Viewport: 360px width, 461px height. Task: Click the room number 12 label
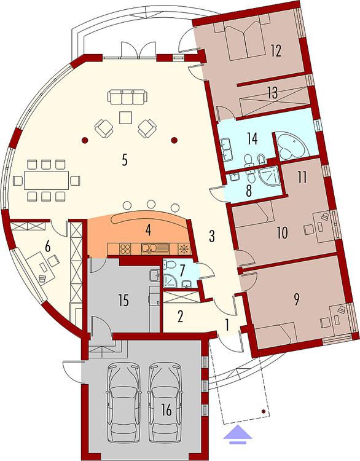[276, 50]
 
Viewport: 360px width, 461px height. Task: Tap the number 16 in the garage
[166, 410]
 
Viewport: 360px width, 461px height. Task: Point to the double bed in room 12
[243, 37]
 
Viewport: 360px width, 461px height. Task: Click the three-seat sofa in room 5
[127, 97]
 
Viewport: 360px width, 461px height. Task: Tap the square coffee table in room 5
[127, 117]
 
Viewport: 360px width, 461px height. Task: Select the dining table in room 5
[46, 180]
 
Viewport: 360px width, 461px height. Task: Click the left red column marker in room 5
[85, 140]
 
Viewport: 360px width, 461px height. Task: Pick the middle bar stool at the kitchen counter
[151, 204]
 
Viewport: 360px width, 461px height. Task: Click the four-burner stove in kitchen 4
[125, 249]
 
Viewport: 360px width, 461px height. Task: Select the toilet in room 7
[170, 264]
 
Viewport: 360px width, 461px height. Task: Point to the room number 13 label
[273, 93]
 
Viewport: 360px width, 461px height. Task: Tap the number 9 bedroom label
[296, 299]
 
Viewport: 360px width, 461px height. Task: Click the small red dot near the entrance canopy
[264, 411]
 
